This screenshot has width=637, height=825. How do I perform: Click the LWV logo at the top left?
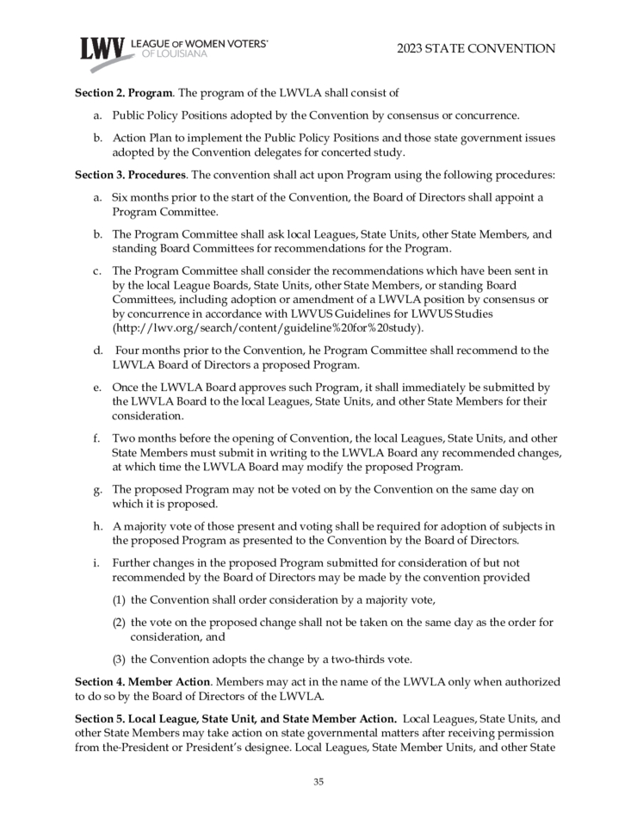click(102, 47)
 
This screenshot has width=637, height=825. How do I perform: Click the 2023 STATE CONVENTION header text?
click(476, 48)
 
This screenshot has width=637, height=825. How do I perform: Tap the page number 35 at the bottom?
click(318, 782)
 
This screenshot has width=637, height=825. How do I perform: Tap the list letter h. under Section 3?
click(98, 526)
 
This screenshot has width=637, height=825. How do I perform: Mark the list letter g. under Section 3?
click(98, 489)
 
